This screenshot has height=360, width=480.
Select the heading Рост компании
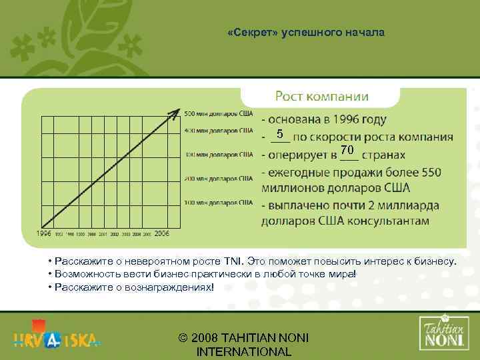[x=321, y=96]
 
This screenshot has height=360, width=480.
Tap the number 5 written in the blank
[x=281, y=133]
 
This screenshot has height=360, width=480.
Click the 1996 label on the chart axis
[x=44, y=234]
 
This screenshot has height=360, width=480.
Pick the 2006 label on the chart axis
[x=162, y=234]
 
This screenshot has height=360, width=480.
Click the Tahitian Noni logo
[x=443, y=331]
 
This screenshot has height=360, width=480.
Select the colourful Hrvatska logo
[x=57, y=337]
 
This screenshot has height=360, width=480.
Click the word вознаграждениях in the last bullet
[x=169, y=287]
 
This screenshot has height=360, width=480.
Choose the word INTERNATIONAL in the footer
[x=244, y=352]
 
